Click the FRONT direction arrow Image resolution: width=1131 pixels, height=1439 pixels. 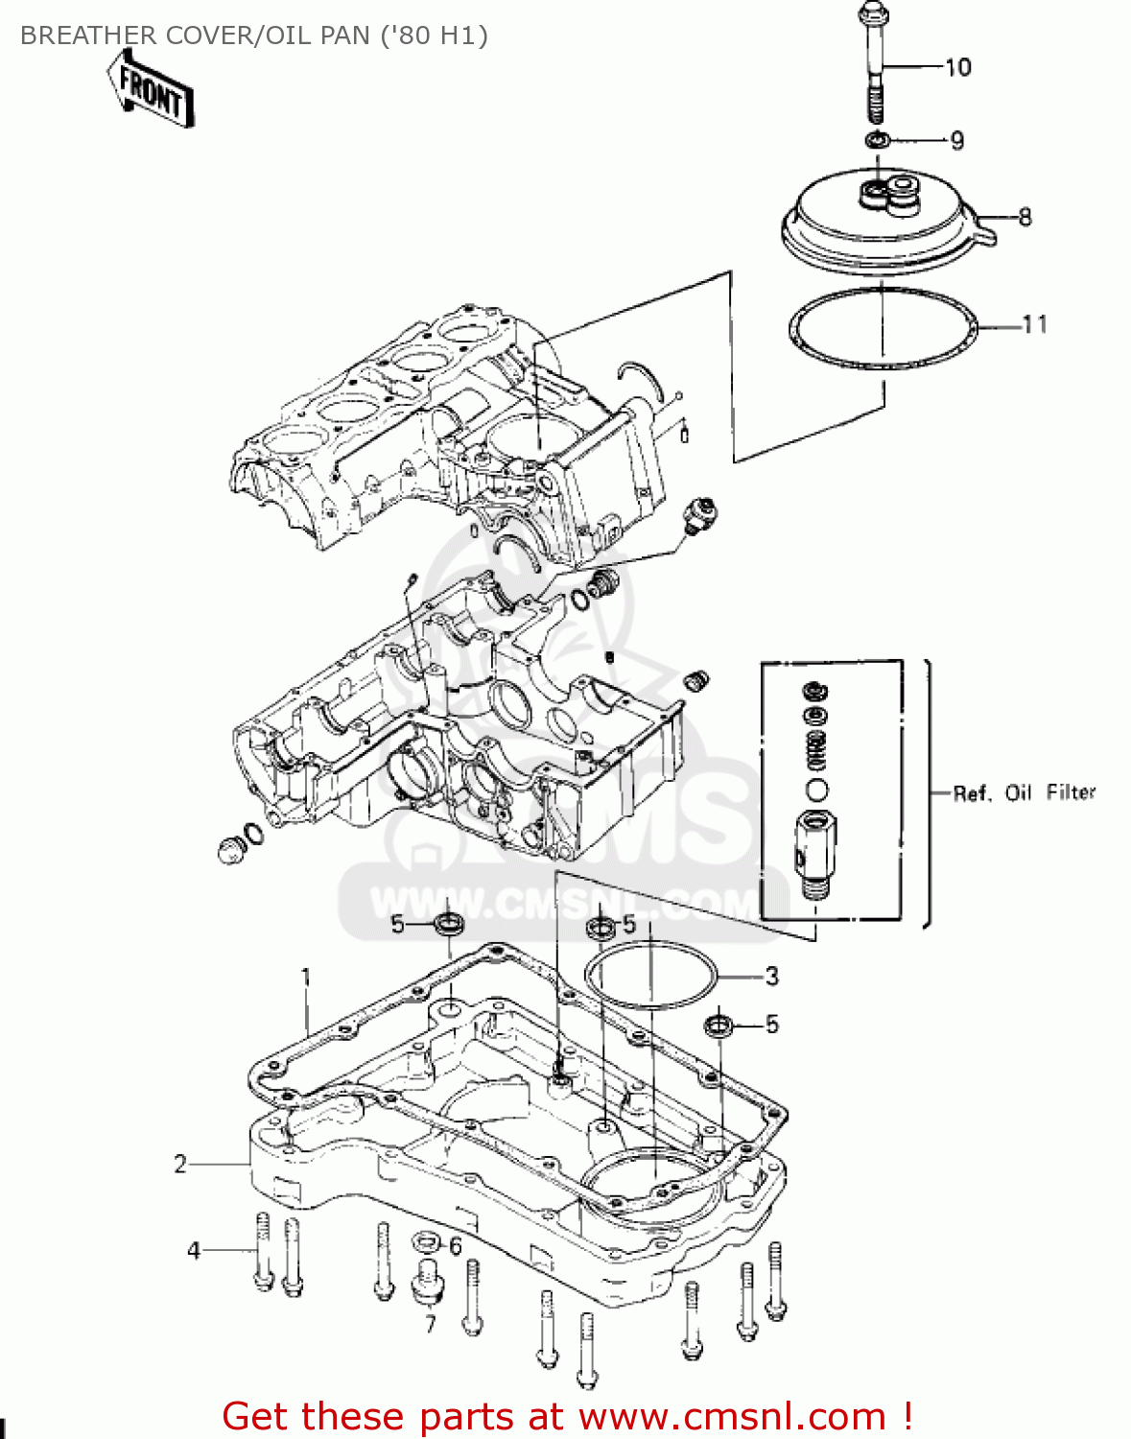(x=151, y=89)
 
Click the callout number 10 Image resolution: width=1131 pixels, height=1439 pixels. (x=957, y=67)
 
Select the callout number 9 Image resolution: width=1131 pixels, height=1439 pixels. (x=956, y=141)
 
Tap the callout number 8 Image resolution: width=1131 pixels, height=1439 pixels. (x=1025, y=217)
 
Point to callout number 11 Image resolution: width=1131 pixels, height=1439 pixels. (x=1034, y=325)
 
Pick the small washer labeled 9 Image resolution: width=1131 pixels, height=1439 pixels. (x=876, y=141)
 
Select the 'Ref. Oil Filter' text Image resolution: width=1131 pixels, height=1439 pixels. (x=1024, y=792)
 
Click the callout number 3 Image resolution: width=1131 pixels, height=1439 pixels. (x=772, y=977)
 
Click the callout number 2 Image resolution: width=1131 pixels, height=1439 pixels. (x=180, y=1164)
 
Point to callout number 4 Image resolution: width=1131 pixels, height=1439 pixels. (x=194, y=1250)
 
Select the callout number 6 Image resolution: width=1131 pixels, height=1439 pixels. (x=455, y=1246)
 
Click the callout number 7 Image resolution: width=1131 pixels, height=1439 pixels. (x=430, y=1324)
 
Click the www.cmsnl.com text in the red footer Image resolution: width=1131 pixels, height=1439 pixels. (x=733, y=1416)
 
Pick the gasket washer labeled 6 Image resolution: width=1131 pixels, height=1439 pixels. (x=425, y=1243)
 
